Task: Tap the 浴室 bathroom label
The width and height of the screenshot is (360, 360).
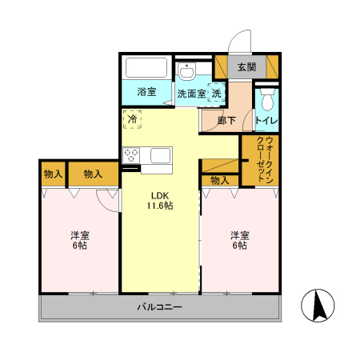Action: [146, 92]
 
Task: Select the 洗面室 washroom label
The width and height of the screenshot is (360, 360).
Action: [191, 94]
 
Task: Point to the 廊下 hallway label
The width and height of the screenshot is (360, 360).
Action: [227, 121]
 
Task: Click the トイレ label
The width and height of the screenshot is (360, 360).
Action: [266, 121]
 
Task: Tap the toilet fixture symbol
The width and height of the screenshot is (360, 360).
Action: [266, 100]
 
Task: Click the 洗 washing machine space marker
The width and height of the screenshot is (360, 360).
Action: [217, 93]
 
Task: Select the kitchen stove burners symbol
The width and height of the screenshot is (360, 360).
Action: [131, 156]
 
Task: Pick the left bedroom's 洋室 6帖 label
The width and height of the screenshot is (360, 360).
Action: [79, 240]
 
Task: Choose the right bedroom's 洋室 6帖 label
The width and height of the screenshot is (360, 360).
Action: [240, 240]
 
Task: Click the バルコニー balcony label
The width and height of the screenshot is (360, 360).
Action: [158, 307]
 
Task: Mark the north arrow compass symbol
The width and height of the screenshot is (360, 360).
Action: [318, 306]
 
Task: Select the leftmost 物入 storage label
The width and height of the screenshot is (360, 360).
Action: [53, 174]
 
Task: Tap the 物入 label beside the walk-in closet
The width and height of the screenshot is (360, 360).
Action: [219, 180]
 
